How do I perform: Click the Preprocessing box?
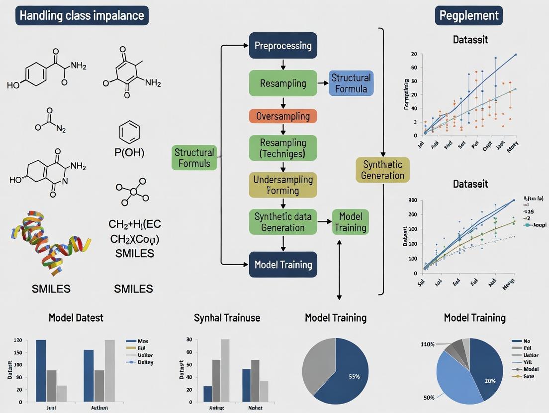pos(283,46)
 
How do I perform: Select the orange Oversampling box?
pos(283,117)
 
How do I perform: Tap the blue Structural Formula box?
pos(351,83)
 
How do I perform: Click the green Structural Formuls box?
pos(194,158)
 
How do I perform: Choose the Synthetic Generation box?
pos(382,170)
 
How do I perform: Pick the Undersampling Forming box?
pos(283,185)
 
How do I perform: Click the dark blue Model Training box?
pos(283,264)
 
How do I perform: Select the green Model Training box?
pos(350,222)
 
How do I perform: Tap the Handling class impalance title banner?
pos(82,16)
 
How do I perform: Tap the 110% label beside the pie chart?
pos(428,344)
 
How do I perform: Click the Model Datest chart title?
pos(76,318)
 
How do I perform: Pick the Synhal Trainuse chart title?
pos(227,318)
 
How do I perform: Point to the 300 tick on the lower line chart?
pos(412,200)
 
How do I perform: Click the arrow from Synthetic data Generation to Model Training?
pos(325,222)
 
